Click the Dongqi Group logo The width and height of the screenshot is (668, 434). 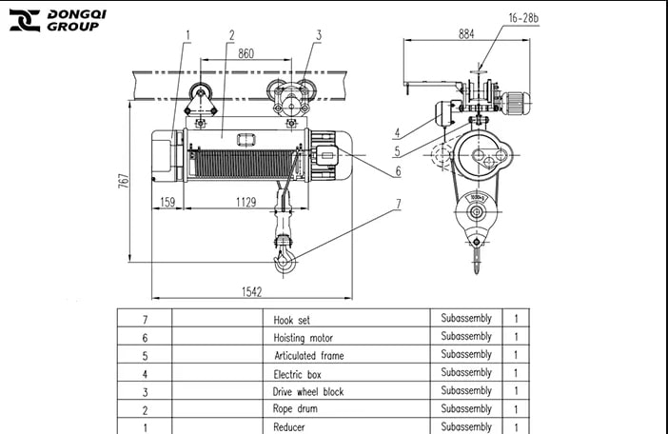[53, 20]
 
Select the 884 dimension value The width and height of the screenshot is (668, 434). [465, 34]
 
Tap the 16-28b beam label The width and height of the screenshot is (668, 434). [524, 18]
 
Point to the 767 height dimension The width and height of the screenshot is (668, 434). [124, 181]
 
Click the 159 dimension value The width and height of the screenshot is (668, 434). [167, 203]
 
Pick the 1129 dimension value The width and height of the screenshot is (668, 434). [246, 203]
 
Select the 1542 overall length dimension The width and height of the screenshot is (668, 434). [250, 291]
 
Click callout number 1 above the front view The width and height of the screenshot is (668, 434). [187, 34]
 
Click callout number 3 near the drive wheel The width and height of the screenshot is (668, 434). [319, 34]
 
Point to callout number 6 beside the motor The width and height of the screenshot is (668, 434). [398, 171]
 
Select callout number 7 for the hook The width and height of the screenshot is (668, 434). [398, 203]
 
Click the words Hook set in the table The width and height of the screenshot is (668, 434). [292, 321]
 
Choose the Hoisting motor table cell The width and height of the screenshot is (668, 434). [304, 338]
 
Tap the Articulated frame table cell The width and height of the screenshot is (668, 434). [308, 356]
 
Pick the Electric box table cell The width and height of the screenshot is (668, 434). [296, 374]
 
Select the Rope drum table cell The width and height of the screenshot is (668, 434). [295, 409]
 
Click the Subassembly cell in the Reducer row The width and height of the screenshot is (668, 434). [466, 426]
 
